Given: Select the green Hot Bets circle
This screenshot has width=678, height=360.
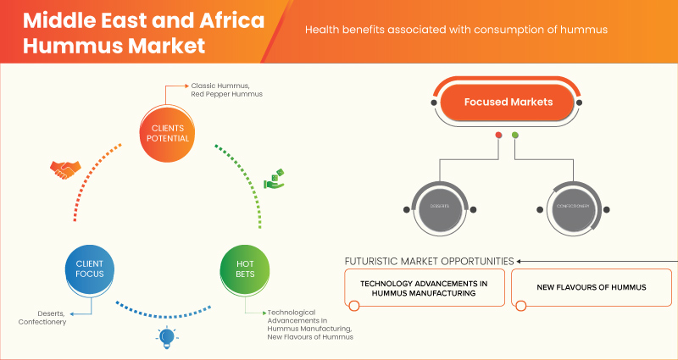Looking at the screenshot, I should pos(244,270).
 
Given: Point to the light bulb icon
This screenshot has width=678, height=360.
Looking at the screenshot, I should pos(166,337).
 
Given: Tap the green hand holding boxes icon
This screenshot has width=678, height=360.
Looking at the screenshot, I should pos(275,179).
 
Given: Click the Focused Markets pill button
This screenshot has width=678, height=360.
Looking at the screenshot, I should pos(508,102).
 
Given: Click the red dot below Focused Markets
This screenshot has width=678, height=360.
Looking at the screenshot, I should pos(498,136).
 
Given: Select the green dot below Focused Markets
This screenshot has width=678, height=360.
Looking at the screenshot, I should pos(515,136).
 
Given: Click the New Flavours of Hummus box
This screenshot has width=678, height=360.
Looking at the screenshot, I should pos(591,287).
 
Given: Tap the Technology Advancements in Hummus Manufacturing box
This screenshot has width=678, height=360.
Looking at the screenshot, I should pos(425,287).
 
